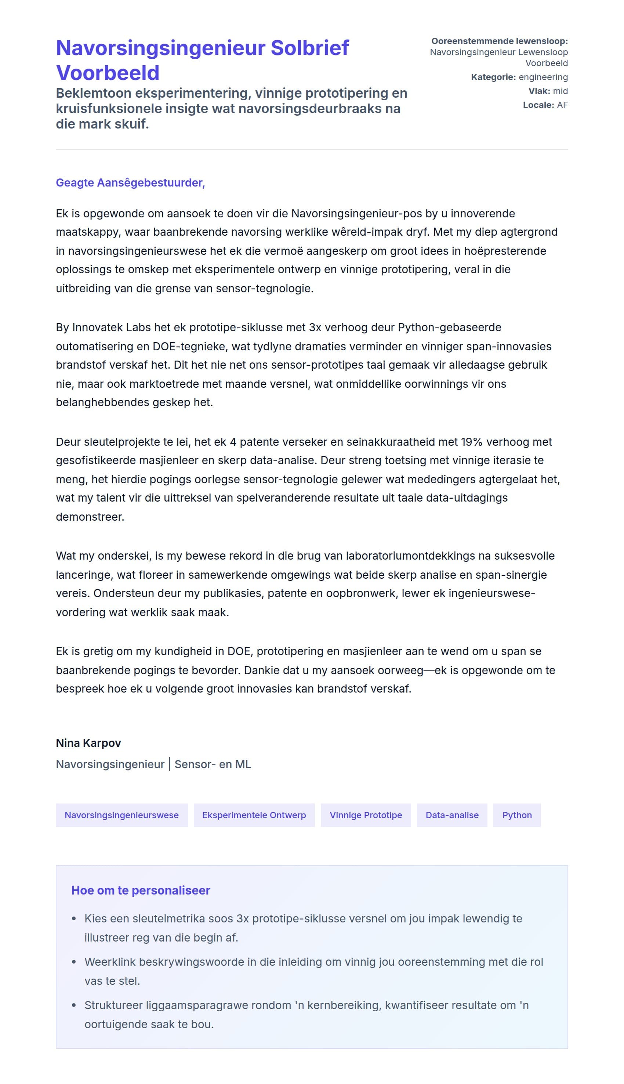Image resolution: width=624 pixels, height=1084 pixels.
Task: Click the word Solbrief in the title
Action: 309,48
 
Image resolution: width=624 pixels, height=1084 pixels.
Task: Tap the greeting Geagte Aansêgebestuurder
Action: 130,183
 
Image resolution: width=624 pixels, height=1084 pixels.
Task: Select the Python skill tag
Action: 516,815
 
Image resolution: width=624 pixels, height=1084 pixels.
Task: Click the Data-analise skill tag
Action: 452,815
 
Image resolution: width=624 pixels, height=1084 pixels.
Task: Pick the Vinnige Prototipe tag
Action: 366,815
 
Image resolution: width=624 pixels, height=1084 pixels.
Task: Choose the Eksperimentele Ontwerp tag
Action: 254,815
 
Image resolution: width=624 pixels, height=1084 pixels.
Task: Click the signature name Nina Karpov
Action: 88,743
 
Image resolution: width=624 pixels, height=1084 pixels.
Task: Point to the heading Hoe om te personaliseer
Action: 141,890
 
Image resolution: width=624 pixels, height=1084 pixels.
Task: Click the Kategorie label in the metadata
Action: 493,77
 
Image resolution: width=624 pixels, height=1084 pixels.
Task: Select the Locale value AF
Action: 562,105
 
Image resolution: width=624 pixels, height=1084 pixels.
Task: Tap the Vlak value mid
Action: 560,91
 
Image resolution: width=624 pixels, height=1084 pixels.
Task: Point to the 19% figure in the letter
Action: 471,441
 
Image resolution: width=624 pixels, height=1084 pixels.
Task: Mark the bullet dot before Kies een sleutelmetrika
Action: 74,918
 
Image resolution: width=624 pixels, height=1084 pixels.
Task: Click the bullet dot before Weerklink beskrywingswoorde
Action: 74,962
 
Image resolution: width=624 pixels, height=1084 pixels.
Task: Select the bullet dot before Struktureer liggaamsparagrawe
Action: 74,1005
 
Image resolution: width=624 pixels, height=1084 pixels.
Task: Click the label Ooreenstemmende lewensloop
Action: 499,41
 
